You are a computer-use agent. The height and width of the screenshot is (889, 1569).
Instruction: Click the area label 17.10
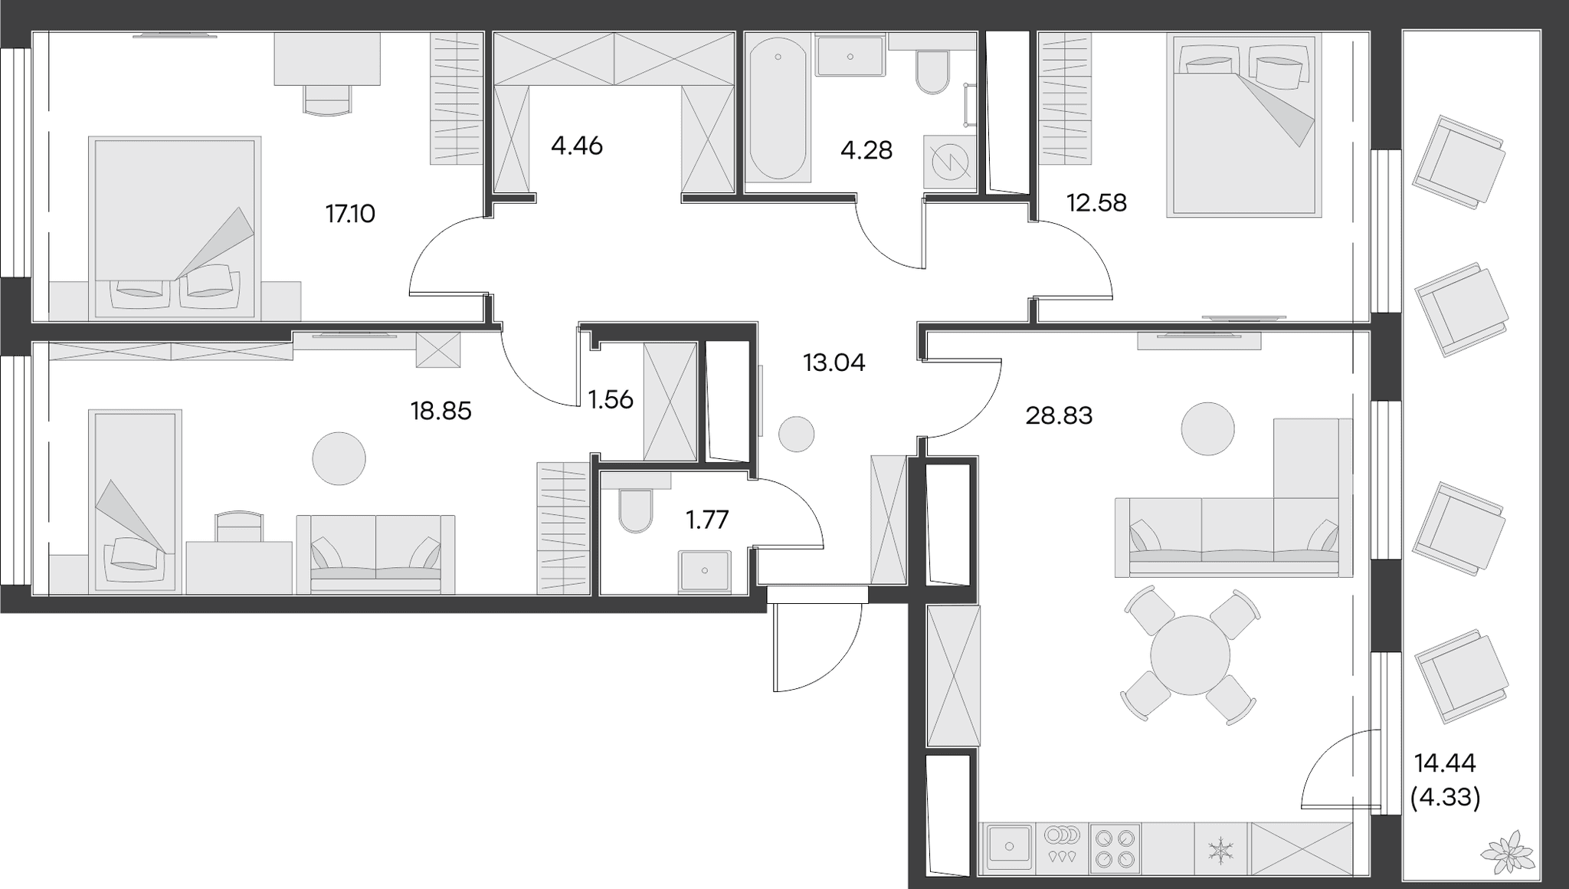point(350,214)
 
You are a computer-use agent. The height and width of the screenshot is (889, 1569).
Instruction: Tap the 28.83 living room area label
point(1059,416)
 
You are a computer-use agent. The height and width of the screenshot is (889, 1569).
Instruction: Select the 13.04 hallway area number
point(834,362)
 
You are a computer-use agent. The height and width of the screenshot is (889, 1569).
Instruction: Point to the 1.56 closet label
point(611,399)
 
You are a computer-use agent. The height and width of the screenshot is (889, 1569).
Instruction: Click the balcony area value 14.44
point(1445,763)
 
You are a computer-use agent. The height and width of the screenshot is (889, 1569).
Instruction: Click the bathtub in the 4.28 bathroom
point(778,110)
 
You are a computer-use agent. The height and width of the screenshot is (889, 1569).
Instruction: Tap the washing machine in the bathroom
point(950,162)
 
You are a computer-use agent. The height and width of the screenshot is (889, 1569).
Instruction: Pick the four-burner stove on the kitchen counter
point(1115,848)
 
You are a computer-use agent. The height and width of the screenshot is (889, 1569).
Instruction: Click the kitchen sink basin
point(1009,848)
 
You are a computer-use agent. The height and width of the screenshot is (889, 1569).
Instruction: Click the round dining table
point(1190,655)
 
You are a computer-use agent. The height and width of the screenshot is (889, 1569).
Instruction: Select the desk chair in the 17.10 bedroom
point(328,100)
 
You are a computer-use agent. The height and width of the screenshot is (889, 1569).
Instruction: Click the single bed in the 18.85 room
point(136,501)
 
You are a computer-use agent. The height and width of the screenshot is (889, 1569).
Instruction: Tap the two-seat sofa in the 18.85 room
point(375,554)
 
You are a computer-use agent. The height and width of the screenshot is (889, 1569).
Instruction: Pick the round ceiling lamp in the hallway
point(796,435)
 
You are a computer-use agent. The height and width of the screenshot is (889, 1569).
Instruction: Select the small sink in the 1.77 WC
point(705,571)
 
